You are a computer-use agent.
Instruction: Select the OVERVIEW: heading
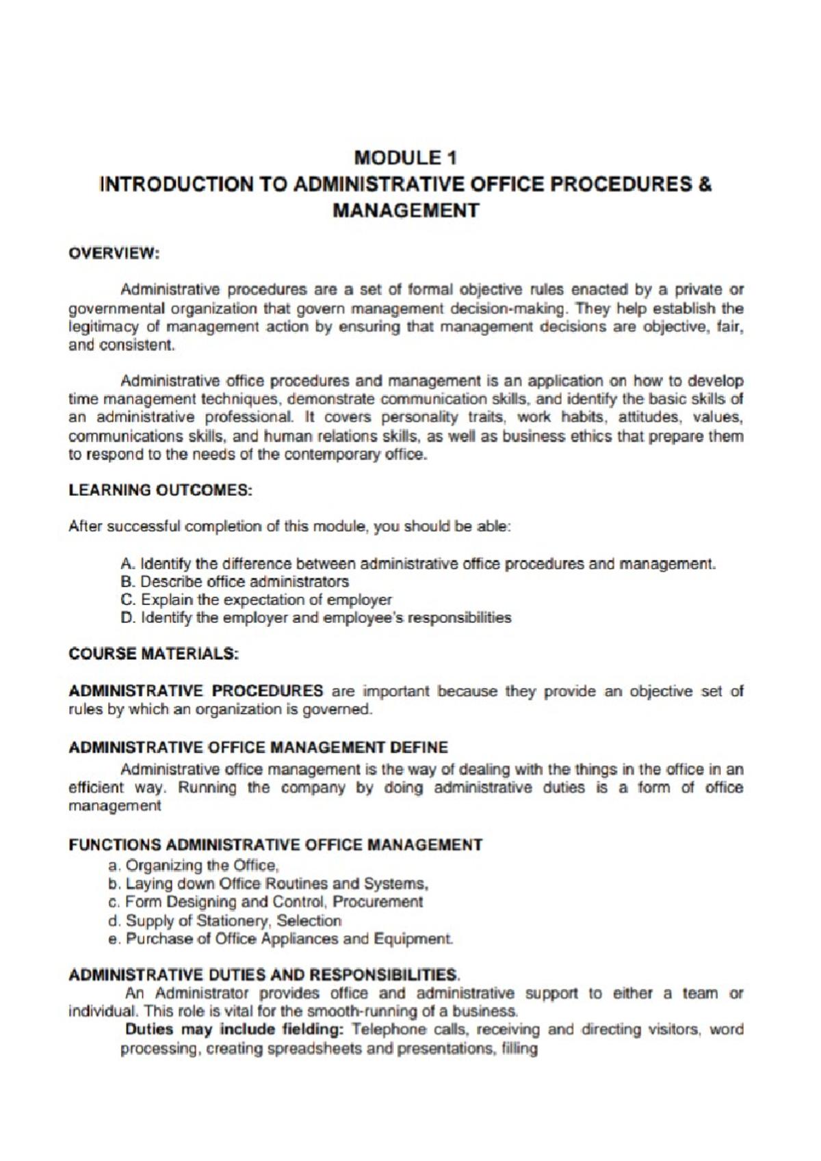pos(114,253)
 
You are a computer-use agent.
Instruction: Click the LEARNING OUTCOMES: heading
pos(161,490)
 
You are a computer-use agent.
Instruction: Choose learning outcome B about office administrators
pos(234,582)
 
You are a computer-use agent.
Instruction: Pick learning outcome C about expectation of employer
pos(256,600)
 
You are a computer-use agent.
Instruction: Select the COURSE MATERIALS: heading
pos(153,654)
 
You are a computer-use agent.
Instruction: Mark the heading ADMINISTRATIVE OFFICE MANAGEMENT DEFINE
pos(259,747)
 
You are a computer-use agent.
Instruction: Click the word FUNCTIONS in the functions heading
pos(115,845)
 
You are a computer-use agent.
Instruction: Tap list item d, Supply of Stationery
pos(224,920)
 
